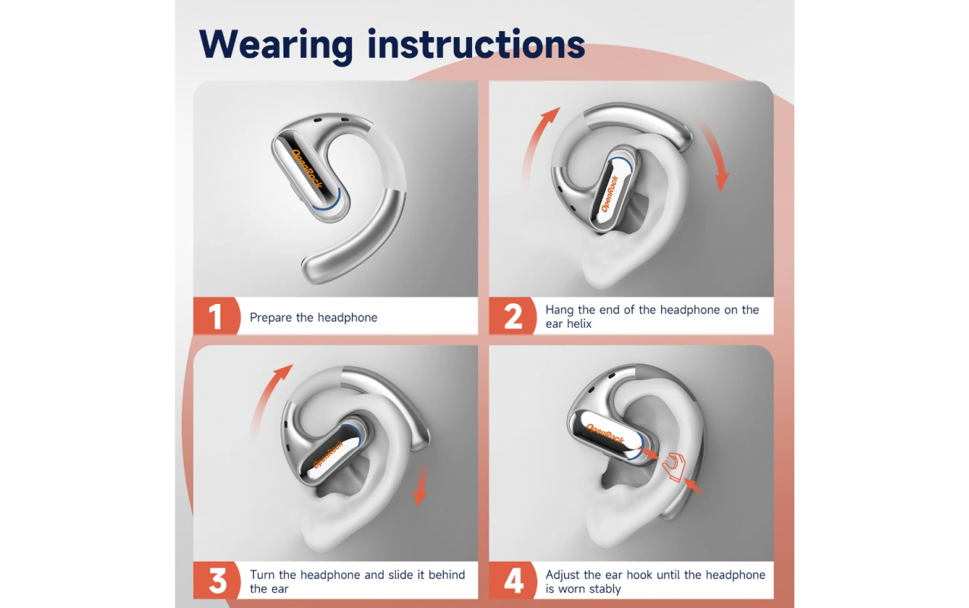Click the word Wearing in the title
276,45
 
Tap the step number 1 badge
216,316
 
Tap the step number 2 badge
512,316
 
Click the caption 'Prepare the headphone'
314,318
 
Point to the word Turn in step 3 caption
262,575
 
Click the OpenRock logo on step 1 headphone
308,168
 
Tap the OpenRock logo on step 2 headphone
610,194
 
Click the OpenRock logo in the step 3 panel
328,454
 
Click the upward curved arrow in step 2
533,138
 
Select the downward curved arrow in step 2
714,151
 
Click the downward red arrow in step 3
420,485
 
